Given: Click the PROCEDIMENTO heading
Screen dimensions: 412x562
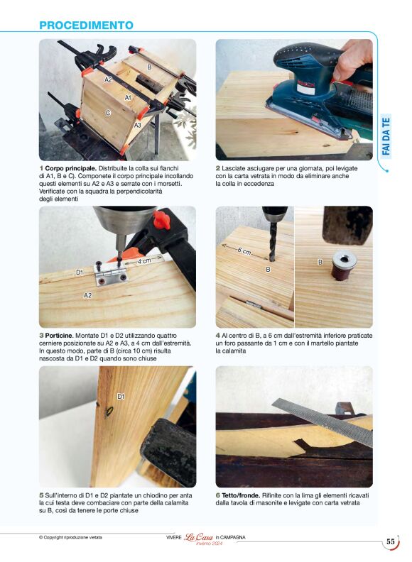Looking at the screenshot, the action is [x=86, y=25].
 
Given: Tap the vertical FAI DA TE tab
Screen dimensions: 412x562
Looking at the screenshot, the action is [x=386, y=136].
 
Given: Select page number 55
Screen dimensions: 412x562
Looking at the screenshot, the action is [x=391, y=541].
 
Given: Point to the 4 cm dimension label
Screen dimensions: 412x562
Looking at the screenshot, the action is [x=144, y=261].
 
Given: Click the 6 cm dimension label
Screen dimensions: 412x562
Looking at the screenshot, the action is [x=244, y=251].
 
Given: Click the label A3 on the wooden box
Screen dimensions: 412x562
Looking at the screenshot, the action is [x=138, y=125].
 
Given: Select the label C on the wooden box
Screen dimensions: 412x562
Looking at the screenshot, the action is [x=108, y=113].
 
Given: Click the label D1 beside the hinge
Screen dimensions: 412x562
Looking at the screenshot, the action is [x=80, y=272].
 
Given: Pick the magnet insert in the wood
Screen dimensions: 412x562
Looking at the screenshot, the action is [x=344, y=265].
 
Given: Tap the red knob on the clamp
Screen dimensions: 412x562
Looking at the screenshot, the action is [x=161, y=220].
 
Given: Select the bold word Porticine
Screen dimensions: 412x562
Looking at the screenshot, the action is [x=60, y=336].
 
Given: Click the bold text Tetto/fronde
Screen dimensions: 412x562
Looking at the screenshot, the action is [x=241, y=495].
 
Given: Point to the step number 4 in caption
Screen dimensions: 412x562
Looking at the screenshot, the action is [x=217, y=336].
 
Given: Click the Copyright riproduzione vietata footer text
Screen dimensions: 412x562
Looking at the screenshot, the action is [x=70, y=537].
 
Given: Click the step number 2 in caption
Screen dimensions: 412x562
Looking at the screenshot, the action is [x=217, y=168].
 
